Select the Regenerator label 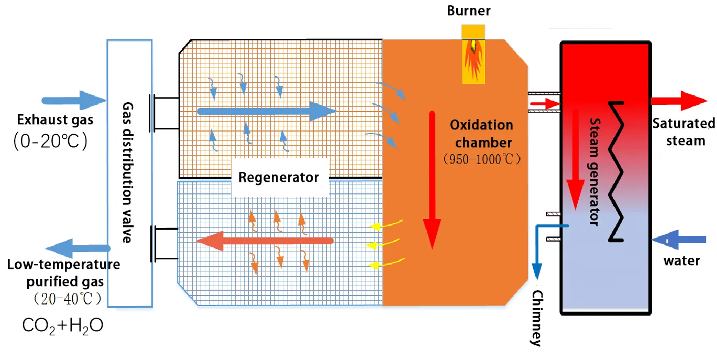(x=278, y=177)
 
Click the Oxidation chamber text (x=481, y=134)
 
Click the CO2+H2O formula (x=63, y=325)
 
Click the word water (x=681, y=260)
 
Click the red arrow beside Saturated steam (x=678, y=100)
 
